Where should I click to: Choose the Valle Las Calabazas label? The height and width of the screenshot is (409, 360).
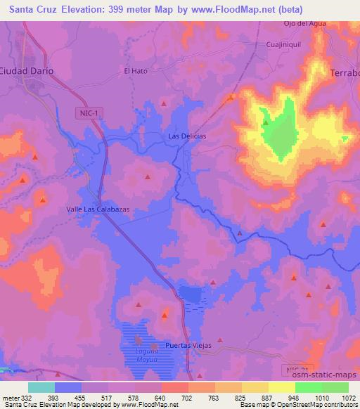tap(98, 209)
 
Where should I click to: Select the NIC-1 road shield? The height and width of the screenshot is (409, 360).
tap(84, 113)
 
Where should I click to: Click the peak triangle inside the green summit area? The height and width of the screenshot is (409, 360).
tap(266, 124)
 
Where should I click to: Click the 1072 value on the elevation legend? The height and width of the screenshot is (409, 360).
tap(348, 397)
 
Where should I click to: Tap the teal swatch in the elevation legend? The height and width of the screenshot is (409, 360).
tap(41, 387)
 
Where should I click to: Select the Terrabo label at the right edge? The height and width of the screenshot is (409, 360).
tap(345, 73)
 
